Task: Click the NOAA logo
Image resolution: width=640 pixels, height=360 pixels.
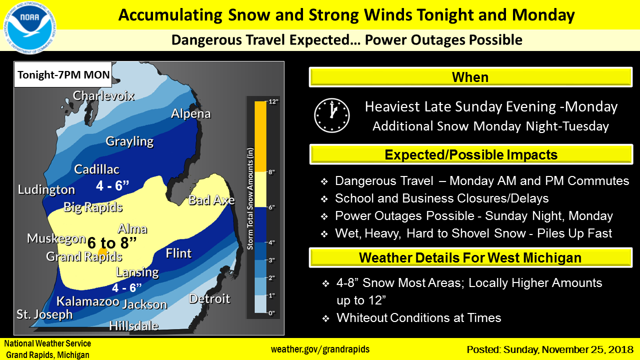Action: coord(29,27)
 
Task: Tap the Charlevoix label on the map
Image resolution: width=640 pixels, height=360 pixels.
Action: coord(103,95)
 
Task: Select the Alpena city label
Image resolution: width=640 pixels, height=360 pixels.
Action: coord(191,113)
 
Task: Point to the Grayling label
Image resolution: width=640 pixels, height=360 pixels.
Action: coord(129,141)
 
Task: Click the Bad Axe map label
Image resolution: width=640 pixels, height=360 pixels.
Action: coord(211,200)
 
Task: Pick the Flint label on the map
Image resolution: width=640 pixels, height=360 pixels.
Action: coord(179,253)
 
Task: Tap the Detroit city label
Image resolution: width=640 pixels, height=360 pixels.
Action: coord(209,299)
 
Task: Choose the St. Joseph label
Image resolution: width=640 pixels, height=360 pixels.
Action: coord(44,314)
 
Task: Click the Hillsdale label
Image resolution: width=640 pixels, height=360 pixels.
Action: coord(133,325)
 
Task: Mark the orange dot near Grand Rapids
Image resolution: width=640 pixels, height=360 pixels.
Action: coord(102,252)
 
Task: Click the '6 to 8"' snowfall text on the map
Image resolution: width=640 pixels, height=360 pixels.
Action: coord(111,243)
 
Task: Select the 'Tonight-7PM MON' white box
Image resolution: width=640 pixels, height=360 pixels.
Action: coord(63,74)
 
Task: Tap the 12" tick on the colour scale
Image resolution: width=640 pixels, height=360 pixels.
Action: coord(273,101)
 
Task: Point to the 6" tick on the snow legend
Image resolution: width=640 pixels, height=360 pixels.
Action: coord(271,207)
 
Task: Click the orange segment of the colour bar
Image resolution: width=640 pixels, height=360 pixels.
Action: coord(260,136)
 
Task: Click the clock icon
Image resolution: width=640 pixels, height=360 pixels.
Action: coord(331,115)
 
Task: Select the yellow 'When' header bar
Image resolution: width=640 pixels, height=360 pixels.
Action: coord(470,77)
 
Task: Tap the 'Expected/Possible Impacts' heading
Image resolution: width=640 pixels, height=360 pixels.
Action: coord(471,154)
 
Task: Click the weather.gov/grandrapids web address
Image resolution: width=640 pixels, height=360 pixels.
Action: coord(320,349)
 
